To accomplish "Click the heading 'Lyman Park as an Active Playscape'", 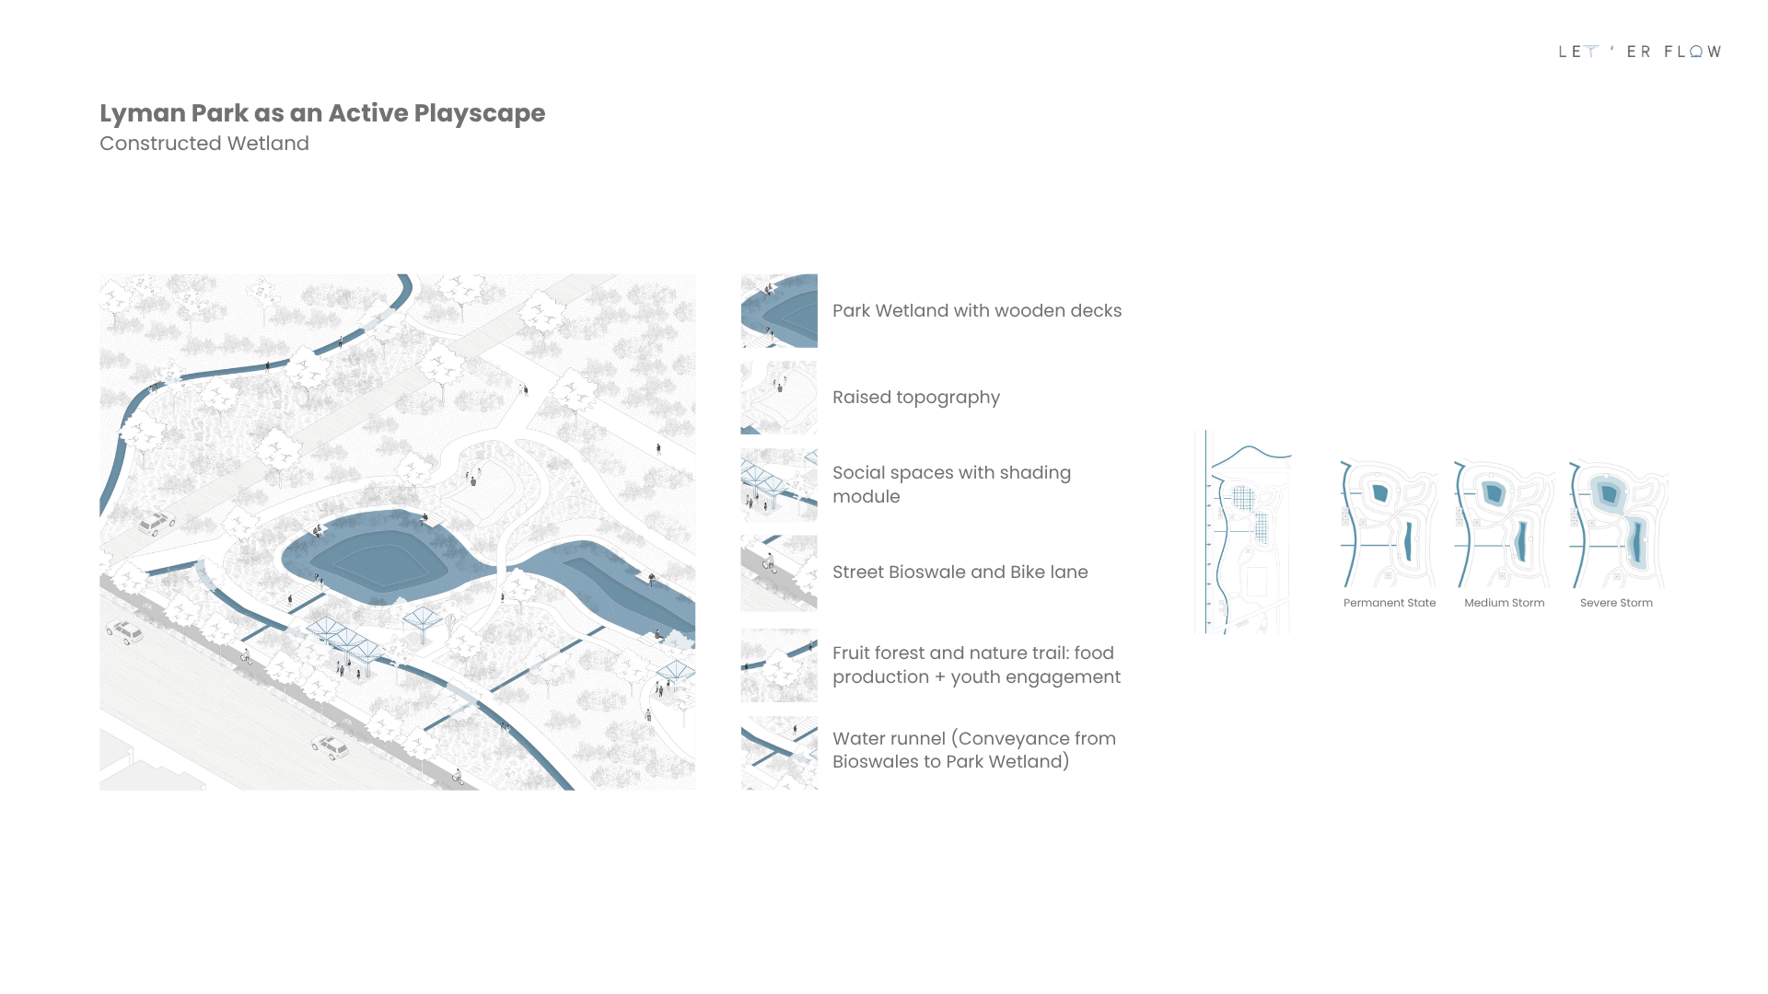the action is coord(322,113).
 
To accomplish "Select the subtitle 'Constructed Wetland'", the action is coord(204,144).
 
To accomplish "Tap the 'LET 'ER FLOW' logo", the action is coord(1639,52).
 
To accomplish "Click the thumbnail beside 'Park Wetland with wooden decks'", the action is coord(779,310).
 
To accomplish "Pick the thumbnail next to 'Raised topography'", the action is coord(779,398).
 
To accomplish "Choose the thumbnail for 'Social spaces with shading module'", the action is coord(779,485).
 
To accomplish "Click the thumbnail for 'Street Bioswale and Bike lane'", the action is coord(779,572).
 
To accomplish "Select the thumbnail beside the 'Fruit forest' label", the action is coord(779,665).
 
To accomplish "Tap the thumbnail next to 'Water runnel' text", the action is coord(779,753).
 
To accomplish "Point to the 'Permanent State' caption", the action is coord(1390,603).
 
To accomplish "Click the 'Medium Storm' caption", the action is coord(1505,603).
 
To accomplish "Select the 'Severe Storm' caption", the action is coord(1616,603).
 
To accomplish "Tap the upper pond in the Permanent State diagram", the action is coord(1379,492).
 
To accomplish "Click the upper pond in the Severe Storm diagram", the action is coord(1609,493).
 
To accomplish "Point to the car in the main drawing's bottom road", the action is coord(330,746).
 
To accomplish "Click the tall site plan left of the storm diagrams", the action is coord(1243,532).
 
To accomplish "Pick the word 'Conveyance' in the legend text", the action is coord(1018,739).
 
